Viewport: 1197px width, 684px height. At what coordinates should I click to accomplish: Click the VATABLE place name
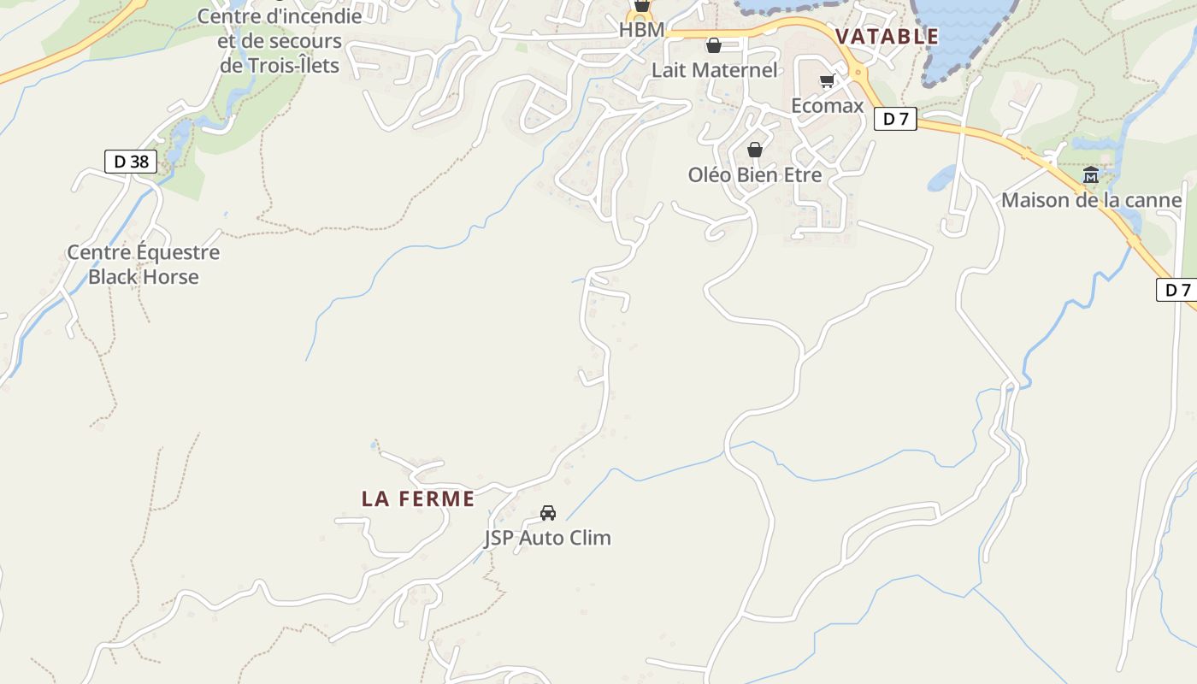[x=887, y=37]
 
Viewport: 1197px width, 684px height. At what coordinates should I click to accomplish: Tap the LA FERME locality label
[x=417, y=498]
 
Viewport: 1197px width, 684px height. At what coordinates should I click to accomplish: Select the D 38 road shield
[x=131, y=161]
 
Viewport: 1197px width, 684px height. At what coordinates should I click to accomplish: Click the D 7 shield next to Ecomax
[x=895, y=119]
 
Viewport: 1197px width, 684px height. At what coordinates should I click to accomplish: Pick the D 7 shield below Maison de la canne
[x=1177, y=289]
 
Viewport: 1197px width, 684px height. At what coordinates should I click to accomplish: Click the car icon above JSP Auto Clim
[x=548, y=513]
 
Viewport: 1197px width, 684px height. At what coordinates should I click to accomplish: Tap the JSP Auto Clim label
[x=548, y=538]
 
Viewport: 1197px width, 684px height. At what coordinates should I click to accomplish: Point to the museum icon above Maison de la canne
[x=1091, y=175]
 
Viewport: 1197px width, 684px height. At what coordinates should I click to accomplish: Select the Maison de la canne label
[x=1091, y=200]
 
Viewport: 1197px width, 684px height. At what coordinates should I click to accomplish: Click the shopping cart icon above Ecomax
[x=827, y=81]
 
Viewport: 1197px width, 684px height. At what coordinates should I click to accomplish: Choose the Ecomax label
[x=827, y=106]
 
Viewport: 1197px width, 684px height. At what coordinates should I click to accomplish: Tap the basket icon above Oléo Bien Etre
[x=754, y=150]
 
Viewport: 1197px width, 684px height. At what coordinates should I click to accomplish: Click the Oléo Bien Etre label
[x=754, y=174]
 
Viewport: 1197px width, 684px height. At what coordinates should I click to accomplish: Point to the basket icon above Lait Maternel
[x=713, y=45]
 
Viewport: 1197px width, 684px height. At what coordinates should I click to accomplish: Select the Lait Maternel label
[x=714, y=70]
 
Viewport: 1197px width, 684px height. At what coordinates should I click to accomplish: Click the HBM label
[x=641, y=30]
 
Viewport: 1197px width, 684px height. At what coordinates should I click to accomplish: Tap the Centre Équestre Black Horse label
[x=143, y=264]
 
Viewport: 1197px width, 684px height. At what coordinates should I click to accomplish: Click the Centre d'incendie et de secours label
[x=280, y=40]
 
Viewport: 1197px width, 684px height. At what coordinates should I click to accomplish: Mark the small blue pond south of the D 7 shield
[x=940, y=178]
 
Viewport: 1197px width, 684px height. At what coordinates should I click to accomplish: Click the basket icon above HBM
[x=641, y=6]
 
